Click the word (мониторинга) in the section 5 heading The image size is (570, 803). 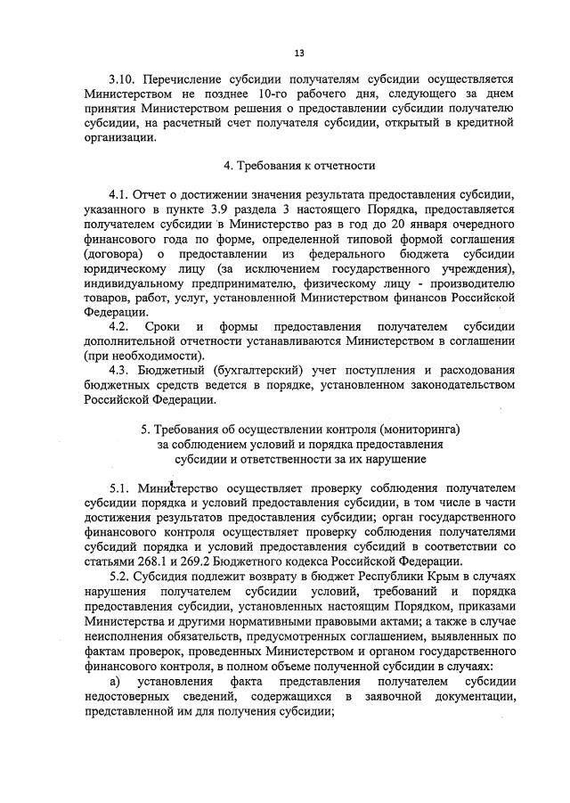coord(417,430)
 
